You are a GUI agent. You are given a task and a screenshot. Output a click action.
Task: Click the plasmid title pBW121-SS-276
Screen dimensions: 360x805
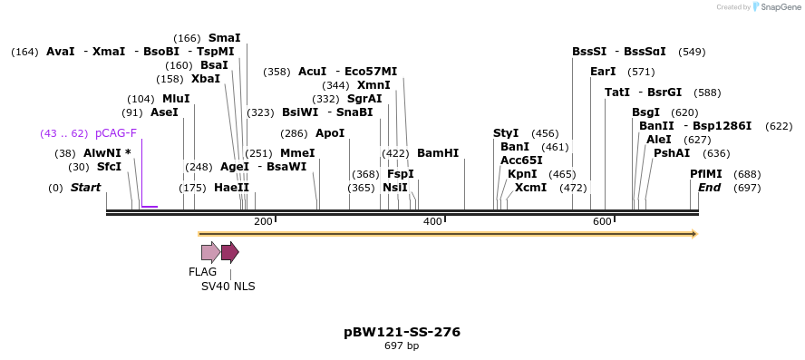pyautogui.click(x=402, y=332)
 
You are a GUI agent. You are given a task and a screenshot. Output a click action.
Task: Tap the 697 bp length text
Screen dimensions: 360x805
pyautogui.click(x=402, y=346)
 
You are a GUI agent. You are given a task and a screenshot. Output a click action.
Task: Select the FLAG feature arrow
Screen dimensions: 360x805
pyautogui.click(x=209, y=252)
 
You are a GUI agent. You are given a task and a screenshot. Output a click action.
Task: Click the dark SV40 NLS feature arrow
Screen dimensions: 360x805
pyautogui.click(x=229, y=252)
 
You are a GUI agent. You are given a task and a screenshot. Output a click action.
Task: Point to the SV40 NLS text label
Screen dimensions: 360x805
pyautogui.click(x=228, y=287)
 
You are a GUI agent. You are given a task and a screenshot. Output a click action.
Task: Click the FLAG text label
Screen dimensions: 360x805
pyautogui.click(x=203, y=272)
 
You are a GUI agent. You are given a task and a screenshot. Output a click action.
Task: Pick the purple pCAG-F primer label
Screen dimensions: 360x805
pyautogui.click(x=115, y=133)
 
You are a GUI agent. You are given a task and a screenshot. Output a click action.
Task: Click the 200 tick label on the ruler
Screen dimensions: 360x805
pyautogui.click(x=263, y=221)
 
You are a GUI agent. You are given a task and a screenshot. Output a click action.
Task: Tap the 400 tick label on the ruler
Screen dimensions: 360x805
pyautogui.click(x=432, y=221)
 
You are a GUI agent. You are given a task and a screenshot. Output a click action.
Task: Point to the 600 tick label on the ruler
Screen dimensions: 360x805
pyautogui.click(x=602, y=221)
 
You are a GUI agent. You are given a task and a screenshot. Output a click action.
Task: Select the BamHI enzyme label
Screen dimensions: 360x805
pyautogui.click(x=438, y=153)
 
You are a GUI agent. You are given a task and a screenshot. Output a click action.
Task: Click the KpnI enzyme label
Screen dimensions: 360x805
pyautogui.click(x=522, y=174)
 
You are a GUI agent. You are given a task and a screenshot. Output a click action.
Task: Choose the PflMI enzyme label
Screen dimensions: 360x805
pyautogui.click(x=706, y=174)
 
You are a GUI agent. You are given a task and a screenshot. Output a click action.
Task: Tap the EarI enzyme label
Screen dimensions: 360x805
pyautogui.click(x=603, y=72)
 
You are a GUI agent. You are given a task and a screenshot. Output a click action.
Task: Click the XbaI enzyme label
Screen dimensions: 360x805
pyautogui.click(x=206, y=79)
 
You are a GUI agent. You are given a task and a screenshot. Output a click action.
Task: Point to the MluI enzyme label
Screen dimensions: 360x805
pyautogui.click(x=176, y=99)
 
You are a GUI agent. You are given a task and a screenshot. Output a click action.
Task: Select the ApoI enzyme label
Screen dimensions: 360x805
pyautogui.click(x=331, y=133)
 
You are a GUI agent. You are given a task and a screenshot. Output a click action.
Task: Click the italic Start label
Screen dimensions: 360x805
pyautogui.click(x=85, y=188)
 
